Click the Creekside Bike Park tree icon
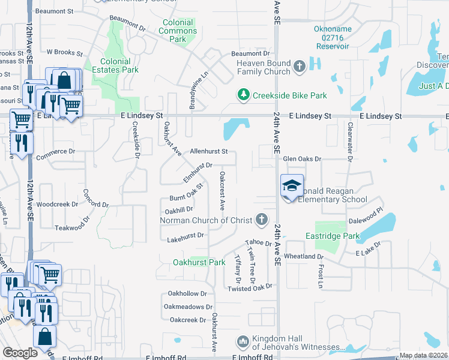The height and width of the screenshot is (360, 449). (243, 95)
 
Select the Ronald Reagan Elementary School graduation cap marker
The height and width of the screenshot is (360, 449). (291, 187)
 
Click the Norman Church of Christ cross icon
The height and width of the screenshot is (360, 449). (261, 220)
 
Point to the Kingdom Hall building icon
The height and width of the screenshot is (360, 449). (243, 342)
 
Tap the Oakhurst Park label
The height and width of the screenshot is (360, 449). (199, 262)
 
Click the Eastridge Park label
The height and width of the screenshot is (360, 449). (332, 236)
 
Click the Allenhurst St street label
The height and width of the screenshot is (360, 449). (209, 152)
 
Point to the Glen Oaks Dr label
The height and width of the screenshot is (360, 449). (303, 159)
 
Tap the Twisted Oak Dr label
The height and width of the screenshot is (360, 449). (250, 289)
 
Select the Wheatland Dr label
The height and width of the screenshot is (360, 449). (304, 256)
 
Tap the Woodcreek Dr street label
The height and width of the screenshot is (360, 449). (57, 204)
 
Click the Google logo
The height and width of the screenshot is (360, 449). (20, 353)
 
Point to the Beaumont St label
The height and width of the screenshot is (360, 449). (54, 11)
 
